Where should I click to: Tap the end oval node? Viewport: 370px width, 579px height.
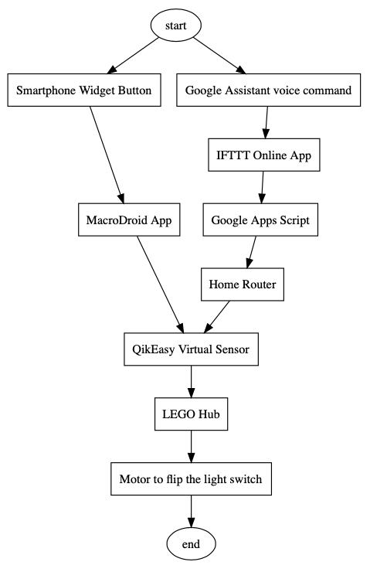191,544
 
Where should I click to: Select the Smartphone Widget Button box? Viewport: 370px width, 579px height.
85,90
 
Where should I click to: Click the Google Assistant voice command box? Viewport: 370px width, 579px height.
268,90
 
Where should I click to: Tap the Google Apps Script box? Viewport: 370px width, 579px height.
260,220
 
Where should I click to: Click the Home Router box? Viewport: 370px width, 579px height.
243,285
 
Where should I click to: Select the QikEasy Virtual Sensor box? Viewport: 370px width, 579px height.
191,350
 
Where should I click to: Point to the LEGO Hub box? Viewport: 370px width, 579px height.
191,415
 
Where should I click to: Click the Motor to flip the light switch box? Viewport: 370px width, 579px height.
191,479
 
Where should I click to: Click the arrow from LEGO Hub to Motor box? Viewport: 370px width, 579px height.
191,447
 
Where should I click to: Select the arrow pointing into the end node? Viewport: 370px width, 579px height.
191,512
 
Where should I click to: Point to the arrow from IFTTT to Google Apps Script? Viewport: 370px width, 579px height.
262,188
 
